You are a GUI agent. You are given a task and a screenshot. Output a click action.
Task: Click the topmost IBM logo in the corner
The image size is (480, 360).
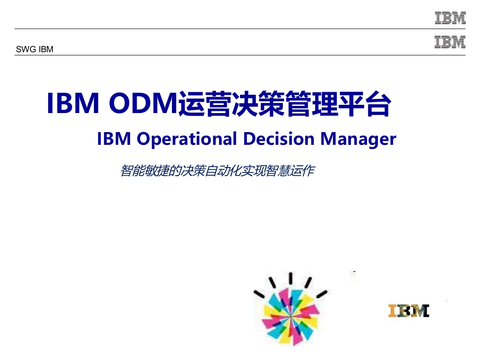(451, 18)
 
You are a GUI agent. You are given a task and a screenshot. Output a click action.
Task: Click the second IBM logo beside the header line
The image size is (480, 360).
(450, 42)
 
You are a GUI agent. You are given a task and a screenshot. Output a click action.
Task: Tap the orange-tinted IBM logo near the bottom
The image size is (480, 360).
(409, 311)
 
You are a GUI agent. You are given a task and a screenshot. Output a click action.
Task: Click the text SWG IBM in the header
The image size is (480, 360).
(34, 49)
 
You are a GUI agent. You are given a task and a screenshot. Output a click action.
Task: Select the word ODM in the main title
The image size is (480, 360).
(143, 103)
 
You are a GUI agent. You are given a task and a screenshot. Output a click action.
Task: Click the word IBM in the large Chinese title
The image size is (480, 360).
(73, 103)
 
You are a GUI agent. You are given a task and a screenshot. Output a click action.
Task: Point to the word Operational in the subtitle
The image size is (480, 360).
(187, 139)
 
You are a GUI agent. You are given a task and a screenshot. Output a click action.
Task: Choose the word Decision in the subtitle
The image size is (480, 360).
(279, 138)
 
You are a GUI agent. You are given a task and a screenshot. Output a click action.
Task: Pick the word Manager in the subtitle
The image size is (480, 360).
(358, 139)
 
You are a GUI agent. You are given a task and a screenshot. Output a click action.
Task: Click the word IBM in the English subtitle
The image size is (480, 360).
(114, 138)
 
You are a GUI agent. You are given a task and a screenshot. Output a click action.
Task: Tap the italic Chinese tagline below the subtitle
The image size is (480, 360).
(218, 171)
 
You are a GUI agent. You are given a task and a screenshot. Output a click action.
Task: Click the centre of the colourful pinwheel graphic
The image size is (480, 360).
(290, 316)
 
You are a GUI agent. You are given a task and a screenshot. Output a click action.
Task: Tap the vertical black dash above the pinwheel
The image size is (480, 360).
(290, 277)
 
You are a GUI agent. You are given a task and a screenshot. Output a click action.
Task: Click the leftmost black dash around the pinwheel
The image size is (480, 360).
(259, 294)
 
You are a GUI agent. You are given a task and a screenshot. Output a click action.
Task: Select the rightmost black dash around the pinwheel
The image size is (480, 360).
(322, 294)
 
